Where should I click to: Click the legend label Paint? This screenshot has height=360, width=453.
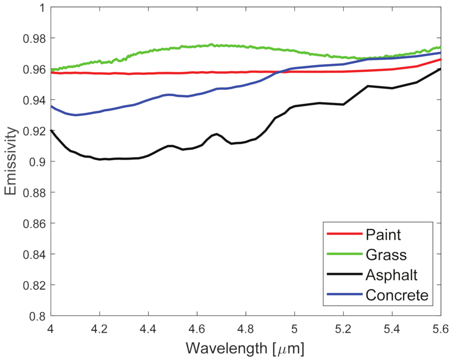coord(383,235)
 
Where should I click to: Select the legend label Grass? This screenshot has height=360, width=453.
coord(386,255)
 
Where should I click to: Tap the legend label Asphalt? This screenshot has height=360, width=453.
coord(391,275)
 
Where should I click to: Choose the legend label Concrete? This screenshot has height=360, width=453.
coord(397,295)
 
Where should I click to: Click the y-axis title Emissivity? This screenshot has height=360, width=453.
coord(11,161)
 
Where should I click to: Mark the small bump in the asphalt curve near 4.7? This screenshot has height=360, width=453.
coord(216,134)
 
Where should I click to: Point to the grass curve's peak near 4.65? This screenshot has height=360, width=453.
coord(212,45)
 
